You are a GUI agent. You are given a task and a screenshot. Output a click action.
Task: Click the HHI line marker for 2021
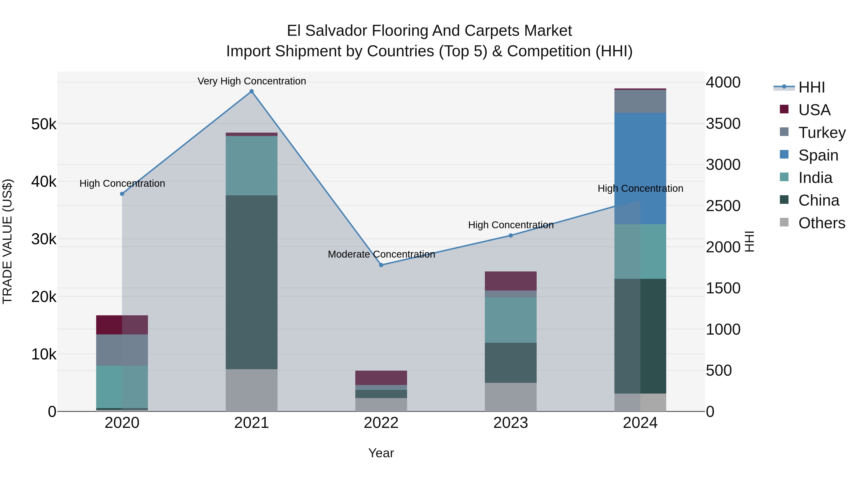pyautogui.click(x=251, y=91)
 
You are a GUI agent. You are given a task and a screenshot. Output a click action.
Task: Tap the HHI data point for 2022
pyautogui.click(x=381, y=265)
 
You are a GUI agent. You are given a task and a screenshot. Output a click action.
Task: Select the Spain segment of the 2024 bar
pyautogui.click(x=640, y=168)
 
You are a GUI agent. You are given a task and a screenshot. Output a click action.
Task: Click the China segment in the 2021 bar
pyautogui.click(x=251, y=282)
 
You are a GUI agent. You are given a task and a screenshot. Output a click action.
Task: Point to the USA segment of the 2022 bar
pyautogui.click(x=381, y=378)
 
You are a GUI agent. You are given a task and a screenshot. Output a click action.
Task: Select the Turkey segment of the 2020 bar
pyautogui.click(x=122, y=350)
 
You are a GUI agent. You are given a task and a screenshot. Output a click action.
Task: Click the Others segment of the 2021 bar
pyautogui.click(x=251, y=390)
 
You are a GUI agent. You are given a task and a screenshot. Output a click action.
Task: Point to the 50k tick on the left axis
pyautogui.click(x=44, y=124)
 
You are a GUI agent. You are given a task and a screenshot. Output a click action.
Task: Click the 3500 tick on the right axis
pyautogui.click(x=723, y=124)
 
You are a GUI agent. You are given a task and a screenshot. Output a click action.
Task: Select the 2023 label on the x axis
pyautogui.click(x=511, y=423)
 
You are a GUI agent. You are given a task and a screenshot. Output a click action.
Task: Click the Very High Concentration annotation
pyautogui.click(x=251, y=81)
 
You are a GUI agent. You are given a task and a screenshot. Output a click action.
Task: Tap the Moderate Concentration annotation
pyautogui.click(x=381, y=254)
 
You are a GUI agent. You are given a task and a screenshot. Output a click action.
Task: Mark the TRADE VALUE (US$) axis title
pyautogui.click(x=8, y=241)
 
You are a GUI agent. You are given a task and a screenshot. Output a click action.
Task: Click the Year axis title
pyautogui.click(x=381, y=453)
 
